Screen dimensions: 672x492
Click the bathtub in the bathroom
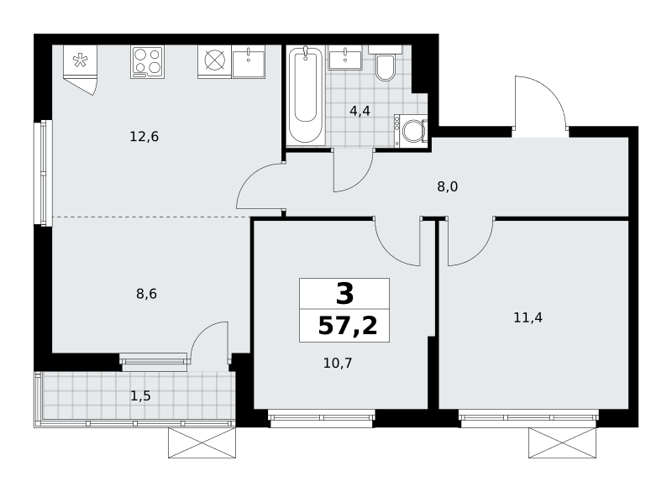point(306,95)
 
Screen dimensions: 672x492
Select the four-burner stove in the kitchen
point(148,62)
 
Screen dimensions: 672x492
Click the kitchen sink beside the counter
point(249,61)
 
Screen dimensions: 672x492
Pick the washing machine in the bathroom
point(411,131)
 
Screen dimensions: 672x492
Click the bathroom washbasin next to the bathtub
point(345,57)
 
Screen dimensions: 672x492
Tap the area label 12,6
point(144,137)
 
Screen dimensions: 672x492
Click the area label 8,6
point(146,294)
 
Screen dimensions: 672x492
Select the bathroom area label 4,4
point(360,112)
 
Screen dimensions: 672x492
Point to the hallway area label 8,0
point(448,186)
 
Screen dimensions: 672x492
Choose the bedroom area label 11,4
point(528,317)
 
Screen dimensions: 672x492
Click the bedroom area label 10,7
point(338,363)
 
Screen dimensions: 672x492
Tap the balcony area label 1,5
point(140,396)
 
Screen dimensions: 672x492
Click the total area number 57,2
point(348,327)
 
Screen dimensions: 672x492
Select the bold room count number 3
point(345,294)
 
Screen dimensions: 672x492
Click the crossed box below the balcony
point(202,442)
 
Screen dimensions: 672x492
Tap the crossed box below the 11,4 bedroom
point(562,442)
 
